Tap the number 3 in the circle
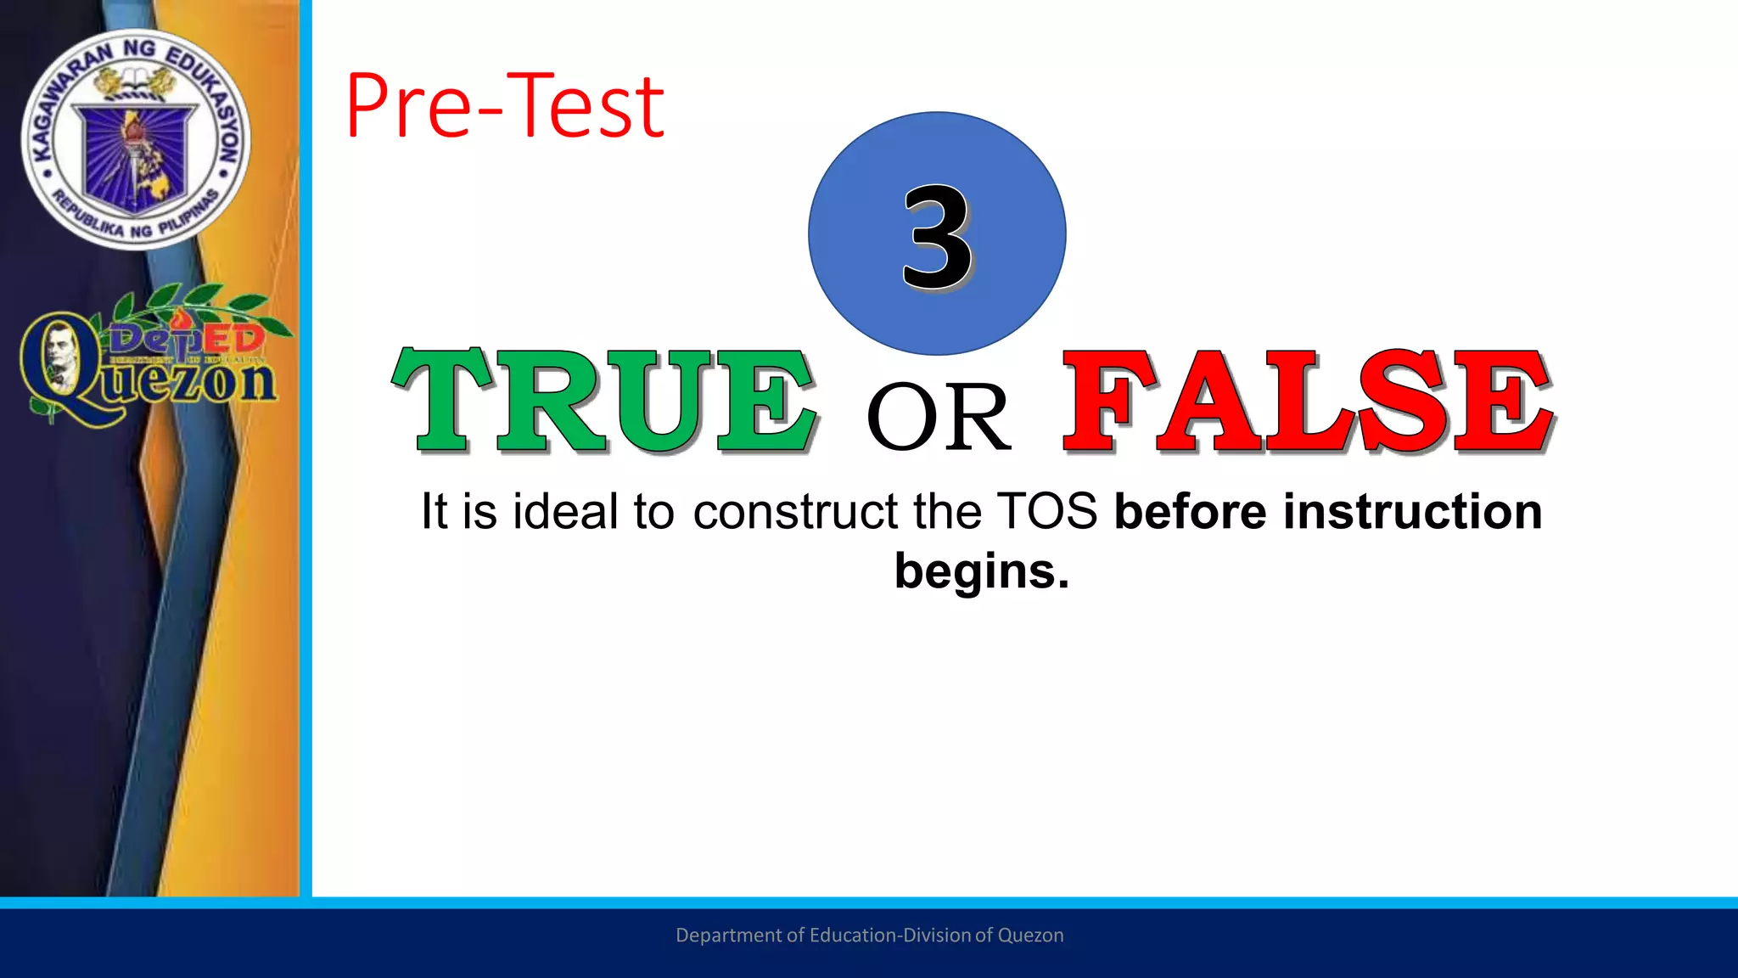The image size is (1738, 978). coord(937,237)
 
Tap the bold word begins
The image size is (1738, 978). coord(981,571)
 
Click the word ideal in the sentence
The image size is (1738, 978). coord(565,512)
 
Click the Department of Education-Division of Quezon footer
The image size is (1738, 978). coord(869,935)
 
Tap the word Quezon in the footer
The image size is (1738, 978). coord(1030,935)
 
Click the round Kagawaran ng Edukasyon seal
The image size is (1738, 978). coord(136,140)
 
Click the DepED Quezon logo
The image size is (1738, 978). coord(153,357)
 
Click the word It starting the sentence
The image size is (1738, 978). coord(434,512)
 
